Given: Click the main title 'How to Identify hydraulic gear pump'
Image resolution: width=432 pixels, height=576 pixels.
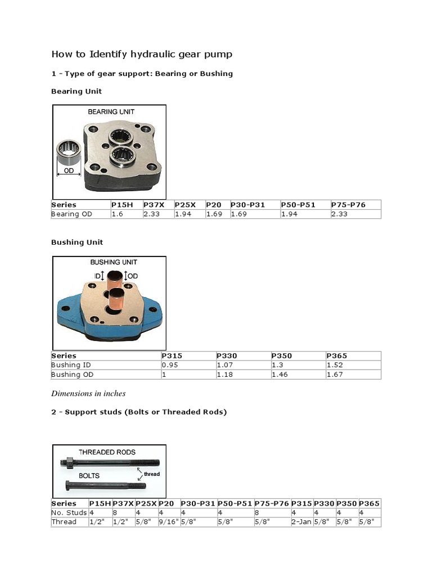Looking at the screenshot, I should point(142,55).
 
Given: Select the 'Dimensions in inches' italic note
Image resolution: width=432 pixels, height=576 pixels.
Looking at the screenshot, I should point(88,393).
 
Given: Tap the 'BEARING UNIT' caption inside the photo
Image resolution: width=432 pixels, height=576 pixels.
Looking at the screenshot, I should point(111,112).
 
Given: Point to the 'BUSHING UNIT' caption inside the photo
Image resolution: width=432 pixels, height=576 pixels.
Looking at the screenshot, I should point(113,262).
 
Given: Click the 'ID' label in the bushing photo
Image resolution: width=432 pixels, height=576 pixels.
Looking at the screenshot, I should point(98,276).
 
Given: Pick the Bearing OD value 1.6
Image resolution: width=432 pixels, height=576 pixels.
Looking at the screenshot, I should point(117,214).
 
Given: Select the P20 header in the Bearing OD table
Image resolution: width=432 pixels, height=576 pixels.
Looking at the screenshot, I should point(214,205).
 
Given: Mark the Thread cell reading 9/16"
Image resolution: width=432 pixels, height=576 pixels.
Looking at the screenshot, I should point(167,522).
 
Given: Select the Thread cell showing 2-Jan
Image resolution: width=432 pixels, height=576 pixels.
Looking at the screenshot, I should point(301,522).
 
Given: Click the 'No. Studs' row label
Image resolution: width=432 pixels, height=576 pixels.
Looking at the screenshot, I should point(69,512).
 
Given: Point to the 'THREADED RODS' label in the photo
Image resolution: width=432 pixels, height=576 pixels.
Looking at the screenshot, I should point(107,452).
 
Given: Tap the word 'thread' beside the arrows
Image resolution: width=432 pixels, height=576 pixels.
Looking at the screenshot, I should point(151,474).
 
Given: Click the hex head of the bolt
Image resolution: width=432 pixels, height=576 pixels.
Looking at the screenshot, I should point(67,485).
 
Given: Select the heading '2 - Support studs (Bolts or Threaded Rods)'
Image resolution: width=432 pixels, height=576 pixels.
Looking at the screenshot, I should point(139,412).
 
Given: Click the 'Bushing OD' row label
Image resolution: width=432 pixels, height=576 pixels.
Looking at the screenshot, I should point(73,375).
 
